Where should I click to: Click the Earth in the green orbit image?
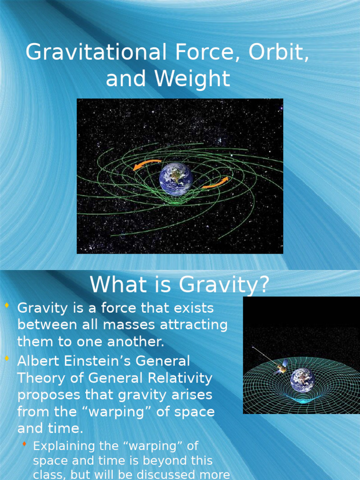(176, 179)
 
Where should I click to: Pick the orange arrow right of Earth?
(216, 183)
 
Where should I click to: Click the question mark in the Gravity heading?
(263, 285)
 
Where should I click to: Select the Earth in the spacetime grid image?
(302, 380)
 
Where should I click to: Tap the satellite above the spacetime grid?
(281, 366)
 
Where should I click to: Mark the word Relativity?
(181, 378)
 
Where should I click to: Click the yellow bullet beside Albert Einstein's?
(7, 359)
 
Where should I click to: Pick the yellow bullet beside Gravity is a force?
(7, 306)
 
